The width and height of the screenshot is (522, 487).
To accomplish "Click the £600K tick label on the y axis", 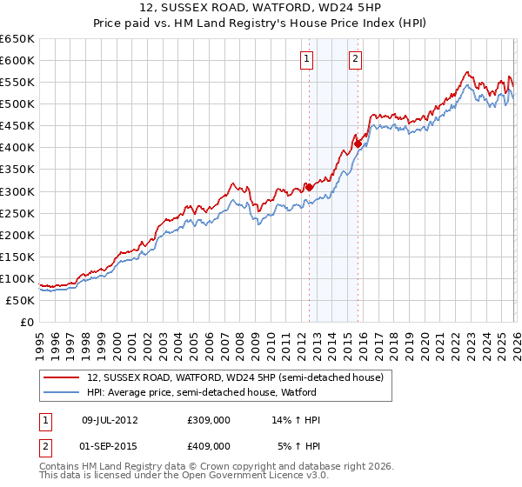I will click(x=17, y=60).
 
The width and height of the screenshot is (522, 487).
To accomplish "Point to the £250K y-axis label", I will click(x=17, y=213).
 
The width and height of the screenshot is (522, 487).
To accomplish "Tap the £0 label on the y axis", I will click(x=27, y=322).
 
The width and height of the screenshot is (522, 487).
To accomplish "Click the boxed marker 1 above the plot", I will click(x=308, y=59).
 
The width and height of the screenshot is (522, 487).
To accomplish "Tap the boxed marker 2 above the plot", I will click(x=357, y=59).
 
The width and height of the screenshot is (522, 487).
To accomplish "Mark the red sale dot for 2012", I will click(x=308, y=186).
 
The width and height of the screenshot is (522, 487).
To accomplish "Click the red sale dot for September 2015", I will click(x=357, y=143).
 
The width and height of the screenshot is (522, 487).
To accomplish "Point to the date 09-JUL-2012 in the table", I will click(x=110, y=420).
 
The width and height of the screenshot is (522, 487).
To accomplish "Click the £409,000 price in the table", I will click(x=209, y=445).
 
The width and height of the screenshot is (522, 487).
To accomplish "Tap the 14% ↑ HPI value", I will click(x=297, y=420).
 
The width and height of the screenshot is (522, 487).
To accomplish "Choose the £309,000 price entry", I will click(x=209, y=420).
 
